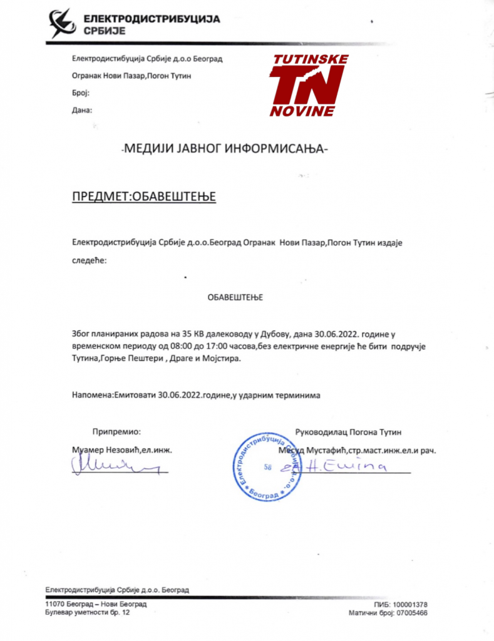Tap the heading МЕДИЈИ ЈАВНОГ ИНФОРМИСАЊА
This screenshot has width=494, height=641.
[224, 150]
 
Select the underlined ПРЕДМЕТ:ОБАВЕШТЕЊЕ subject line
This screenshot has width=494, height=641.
[143, 198]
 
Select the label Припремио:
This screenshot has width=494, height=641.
[117, 431]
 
